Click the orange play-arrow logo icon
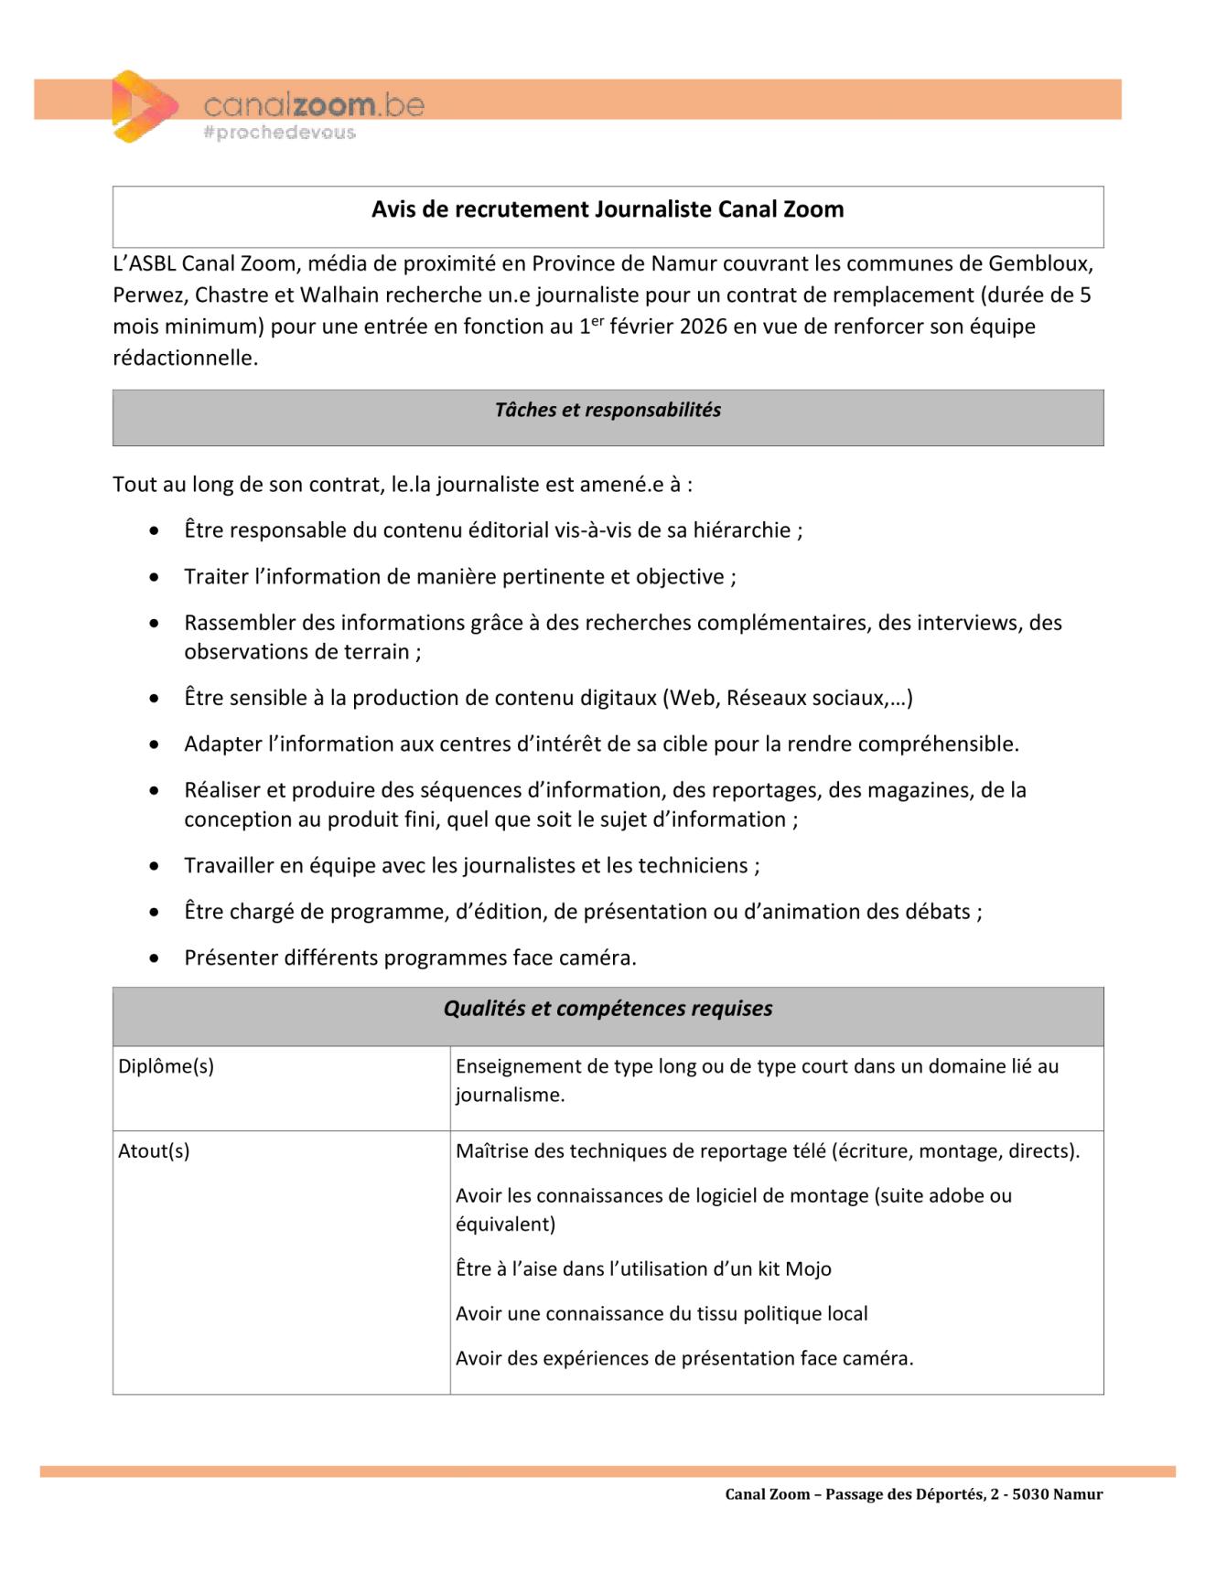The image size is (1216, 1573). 143,106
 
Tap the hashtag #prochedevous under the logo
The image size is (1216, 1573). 279,133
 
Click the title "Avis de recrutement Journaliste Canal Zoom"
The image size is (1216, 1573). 608,209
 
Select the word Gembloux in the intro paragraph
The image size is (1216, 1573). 1040,263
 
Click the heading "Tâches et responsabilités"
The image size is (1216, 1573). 608,410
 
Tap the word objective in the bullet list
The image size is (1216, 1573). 680,577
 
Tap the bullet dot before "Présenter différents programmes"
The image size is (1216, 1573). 155,958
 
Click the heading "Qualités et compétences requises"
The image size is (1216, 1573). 608,1009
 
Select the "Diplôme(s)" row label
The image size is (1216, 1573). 166,1066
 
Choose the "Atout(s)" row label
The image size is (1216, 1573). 154,1151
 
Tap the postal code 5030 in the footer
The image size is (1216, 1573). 1029,1494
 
